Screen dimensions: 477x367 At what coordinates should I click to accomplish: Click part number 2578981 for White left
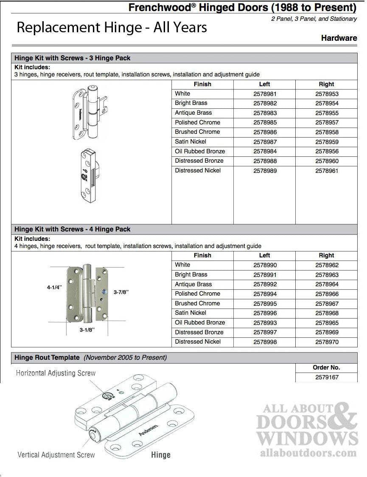click(x=264, y=94)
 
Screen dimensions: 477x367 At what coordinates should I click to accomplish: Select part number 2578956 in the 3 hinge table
click(x=327, y=152)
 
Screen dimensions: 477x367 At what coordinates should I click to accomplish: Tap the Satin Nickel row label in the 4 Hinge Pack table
click(x=191, y=313)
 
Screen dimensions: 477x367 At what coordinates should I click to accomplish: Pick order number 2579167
click(x=327, y=377)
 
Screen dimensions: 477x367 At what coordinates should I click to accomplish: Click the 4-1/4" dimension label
click(x=54, y=287)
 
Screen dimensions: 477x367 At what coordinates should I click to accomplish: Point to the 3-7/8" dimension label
click(x=121, y=292)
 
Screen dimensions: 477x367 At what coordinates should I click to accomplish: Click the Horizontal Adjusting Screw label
click(x=56, y=373)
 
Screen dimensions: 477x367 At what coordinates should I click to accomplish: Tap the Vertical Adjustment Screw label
click(x=56, y=455)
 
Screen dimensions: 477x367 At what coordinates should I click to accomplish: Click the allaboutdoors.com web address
click(x=308, y=453)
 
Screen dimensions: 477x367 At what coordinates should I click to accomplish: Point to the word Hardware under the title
click(x=339, y=38)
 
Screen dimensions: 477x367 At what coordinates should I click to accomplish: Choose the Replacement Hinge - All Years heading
click(x=112, y=28)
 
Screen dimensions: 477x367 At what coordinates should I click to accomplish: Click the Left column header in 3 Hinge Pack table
click(x=264, y=84)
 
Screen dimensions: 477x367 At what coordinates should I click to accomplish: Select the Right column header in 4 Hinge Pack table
click(x=326, y=255)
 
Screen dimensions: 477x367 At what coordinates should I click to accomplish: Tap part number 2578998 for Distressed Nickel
click(x=264, y=342)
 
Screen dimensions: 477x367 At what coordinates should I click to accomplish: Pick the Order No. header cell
click(x=327, y=367)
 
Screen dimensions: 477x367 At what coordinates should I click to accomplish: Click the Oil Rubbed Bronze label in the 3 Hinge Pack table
click(x=200, y=151)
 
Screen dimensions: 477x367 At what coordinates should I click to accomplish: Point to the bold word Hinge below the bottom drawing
click(x=161, y=455)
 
